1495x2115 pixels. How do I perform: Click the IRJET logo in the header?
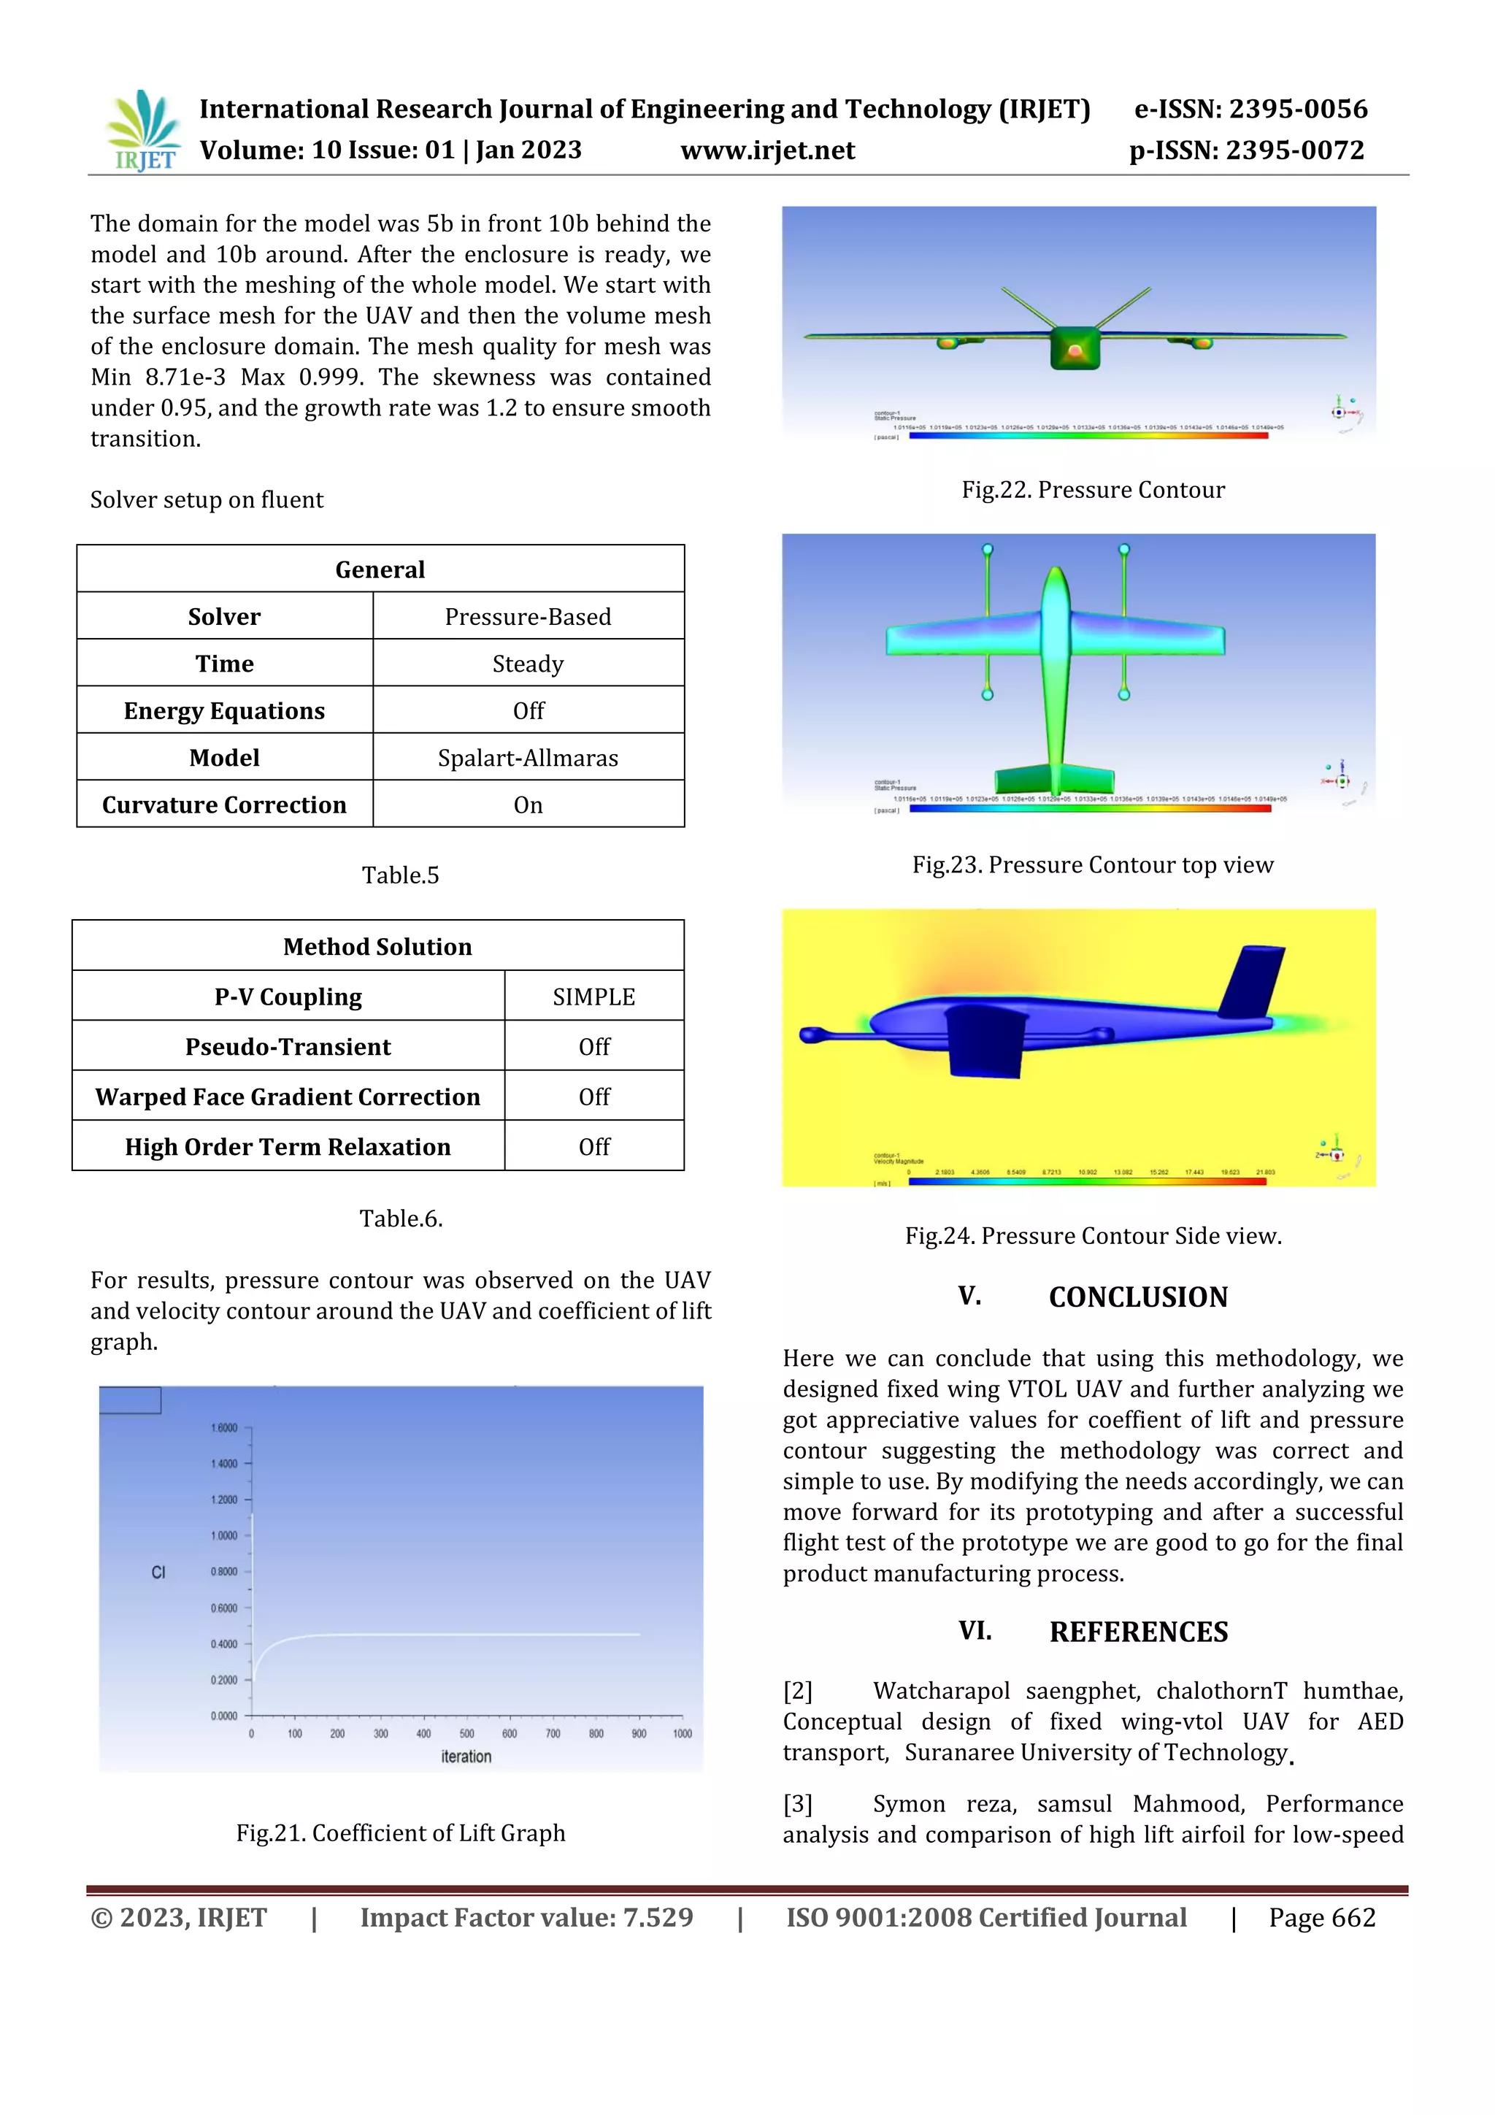click(x=144, y=130)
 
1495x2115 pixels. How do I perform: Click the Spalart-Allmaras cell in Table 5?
click(x=528, y=757)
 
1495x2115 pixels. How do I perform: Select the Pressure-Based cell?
click(x=528, y=616)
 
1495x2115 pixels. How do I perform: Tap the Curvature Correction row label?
click(x=224, y=805)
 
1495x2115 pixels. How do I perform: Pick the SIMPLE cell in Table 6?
click(x=593, y=996)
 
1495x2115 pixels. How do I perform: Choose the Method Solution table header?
click(x=377, y=946)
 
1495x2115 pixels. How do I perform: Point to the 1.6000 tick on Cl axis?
click(x=224, y=1428)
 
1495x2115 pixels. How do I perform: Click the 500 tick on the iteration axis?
click(x=467, y=1734)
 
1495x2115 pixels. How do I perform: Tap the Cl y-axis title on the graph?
click(x=158, y=1573)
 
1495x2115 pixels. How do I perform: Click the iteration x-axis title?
click(x=466, y=1757)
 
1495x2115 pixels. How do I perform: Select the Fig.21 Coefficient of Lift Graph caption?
click(x=400, y=1833)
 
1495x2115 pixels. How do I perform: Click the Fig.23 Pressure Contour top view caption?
click(x=1093, y=864)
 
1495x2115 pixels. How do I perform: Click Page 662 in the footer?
click(x=1322, y=1917)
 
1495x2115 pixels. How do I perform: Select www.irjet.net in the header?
click(x=767, y=150)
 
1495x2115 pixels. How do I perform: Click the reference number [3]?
click(x=798, y=1804)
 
